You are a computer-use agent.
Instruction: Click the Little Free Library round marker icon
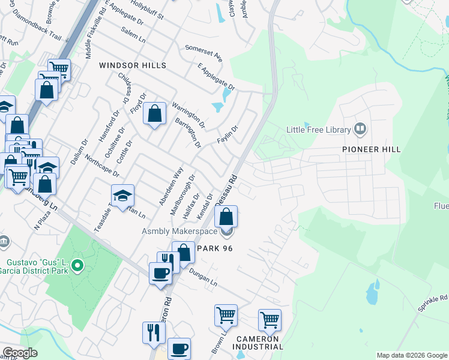pos(360,128)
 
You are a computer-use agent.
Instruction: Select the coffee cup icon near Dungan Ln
pos(160,272)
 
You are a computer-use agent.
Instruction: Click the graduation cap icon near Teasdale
pos(122,194)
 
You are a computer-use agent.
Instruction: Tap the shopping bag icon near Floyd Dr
pos(154,113)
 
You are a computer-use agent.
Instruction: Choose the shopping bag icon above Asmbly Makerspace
pos(226,216)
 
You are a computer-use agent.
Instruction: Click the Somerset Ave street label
pos(204,52)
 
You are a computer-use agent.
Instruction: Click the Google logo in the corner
pos(20,352)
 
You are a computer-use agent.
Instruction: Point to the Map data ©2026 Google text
pos(412,355)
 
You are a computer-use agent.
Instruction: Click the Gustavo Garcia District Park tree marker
pos(77,265)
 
